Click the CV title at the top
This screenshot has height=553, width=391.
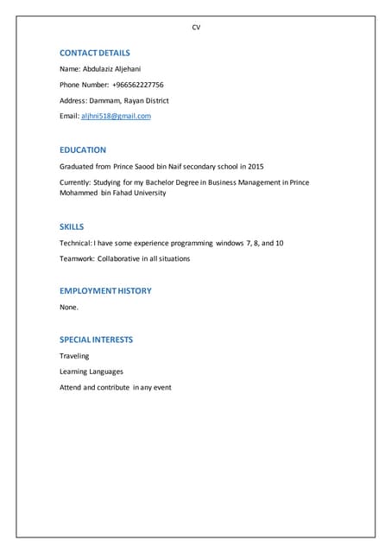tap(196, 28)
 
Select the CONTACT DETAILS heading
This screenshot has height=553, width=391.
tap(95, 53)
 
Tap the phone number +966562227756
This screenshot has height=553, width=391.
tap(138, 85)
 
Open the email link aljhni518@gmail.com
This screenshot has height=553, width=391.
tap(116, 116)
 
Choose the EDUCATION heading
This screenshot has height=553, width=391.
tap(83, 149)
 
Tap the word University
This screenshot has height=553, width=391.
tap(147, 193)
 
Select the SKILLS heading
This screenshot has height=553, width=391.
tap(72, 226)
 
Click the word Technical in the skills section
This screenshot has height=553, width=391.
tap(75, 243)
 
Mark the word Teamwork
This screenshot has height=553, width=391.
tap(76, 258)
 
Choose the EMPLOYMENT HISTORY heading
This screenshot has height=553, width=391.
tap(105, 290)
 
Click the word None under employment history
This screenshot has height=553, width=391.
tap(69, 307)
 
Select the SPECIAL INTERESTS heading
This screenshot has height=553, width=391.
tap(96, 340)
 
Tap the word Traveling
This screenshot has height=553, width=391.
tap(74, 356)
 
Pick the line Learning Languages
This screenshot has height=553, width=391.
tap(91, 372)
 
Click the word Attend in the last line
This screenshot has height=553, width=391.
tap(70, 387)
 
